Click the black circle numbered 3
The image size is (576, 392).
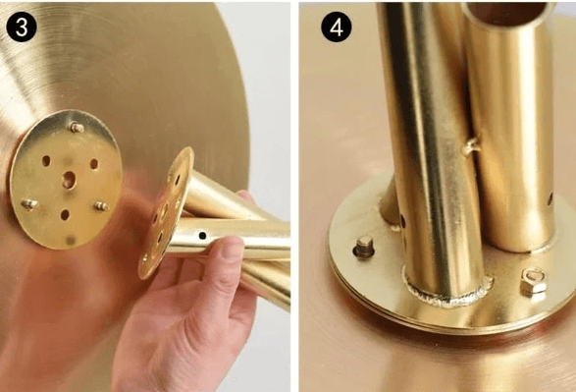22,27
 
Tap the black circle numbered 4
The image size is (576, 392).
337,27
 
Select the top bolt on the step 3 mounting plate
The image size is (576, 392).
77,128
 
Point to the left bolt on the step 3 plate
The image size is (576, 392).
29,203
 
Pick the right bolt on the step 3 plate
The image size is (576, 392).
101,206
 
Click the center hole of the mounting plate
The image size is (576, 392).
69,180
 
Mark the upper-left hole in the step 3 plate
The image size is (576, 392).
46,161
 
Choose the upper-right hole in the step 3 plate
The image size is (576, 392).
94,164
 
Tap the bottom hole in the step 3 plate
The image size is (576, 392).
65,215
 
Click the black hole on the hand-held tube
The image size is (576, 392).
202,236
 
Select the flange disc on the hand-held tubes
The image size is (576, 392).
165,213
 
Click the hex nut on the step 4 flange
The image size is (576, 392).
533,281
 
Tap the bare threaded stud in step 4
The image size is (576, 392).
364,247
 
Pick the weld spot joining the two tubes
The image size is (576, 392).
471,146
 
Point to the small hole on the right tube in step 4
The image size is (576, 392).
550,198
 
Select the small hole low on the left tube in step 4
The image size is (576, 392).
403,221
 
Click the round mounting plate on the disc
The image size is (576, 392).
66,180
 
